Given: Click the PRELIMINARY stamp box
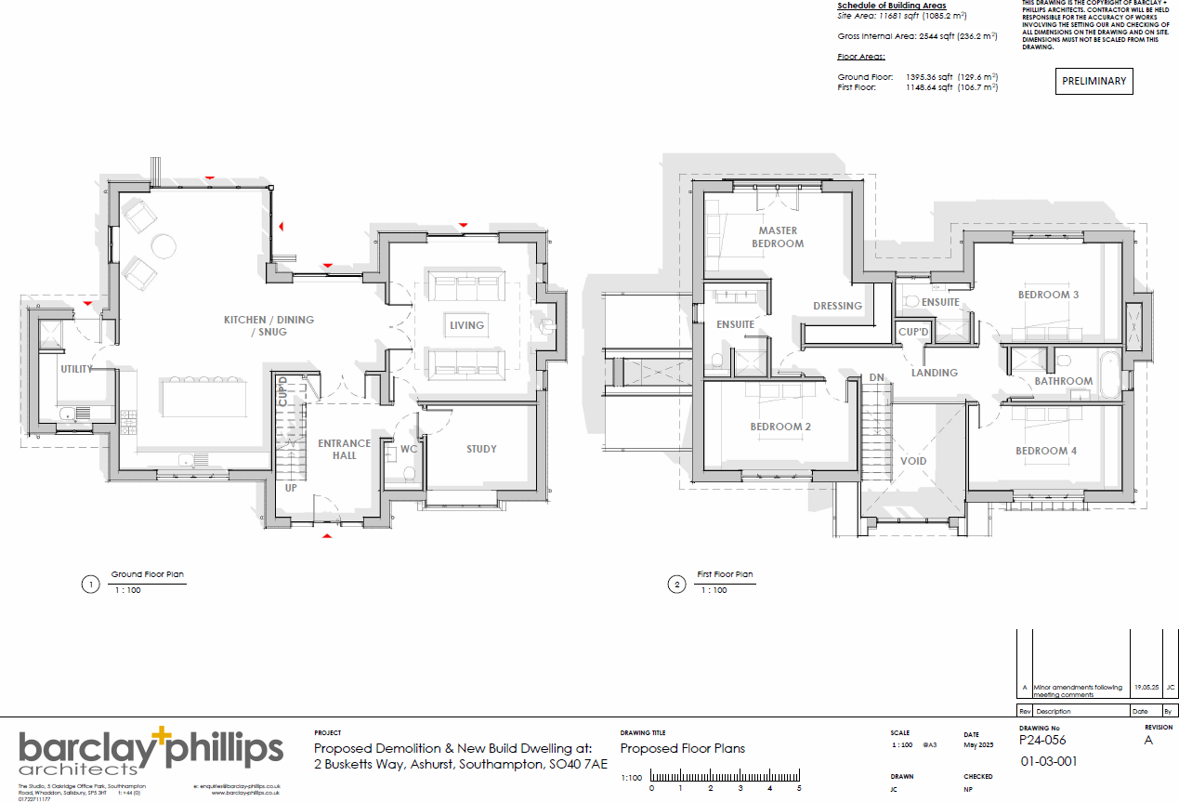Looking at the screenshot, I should [1094, 82].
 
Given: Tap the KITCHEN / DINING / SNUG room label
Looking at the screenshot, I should [269, 325].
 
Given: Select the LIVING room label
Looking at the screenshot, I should [466, 325].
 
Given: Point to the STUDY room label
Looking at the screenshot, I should [481, 449].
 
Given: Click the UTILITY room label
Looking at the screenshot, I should [76, 369].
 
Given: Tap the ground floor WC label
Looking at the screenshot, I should [409, 450].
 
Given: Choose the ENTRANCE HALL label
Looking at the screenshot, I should [344, 449].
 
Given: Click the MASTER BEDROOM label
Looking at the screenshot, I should [778, 237].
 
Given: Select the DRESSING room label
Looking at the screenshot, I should [837, 306].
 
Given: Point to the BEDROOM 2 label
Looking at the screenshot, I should [780, 427].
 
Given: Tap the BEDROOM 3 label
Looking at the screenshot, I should [1048, 295].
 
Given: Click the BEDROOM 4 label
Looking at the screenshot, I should [1046, 451].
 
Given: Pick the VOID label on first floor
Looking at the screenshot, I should [913, 461].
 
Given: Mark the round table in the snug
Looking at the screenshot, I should [164, 245].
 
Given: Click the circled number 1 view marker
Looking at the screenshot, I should [90, 585].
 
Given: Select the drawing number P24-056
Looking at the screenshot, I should [1042, 741].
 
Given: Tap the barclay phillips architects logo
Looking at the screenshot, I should [151, 751].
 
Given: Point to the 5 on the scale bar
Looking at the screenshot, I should [799, 788].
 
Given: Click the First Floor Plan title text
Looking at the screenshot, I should [725, 574].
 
